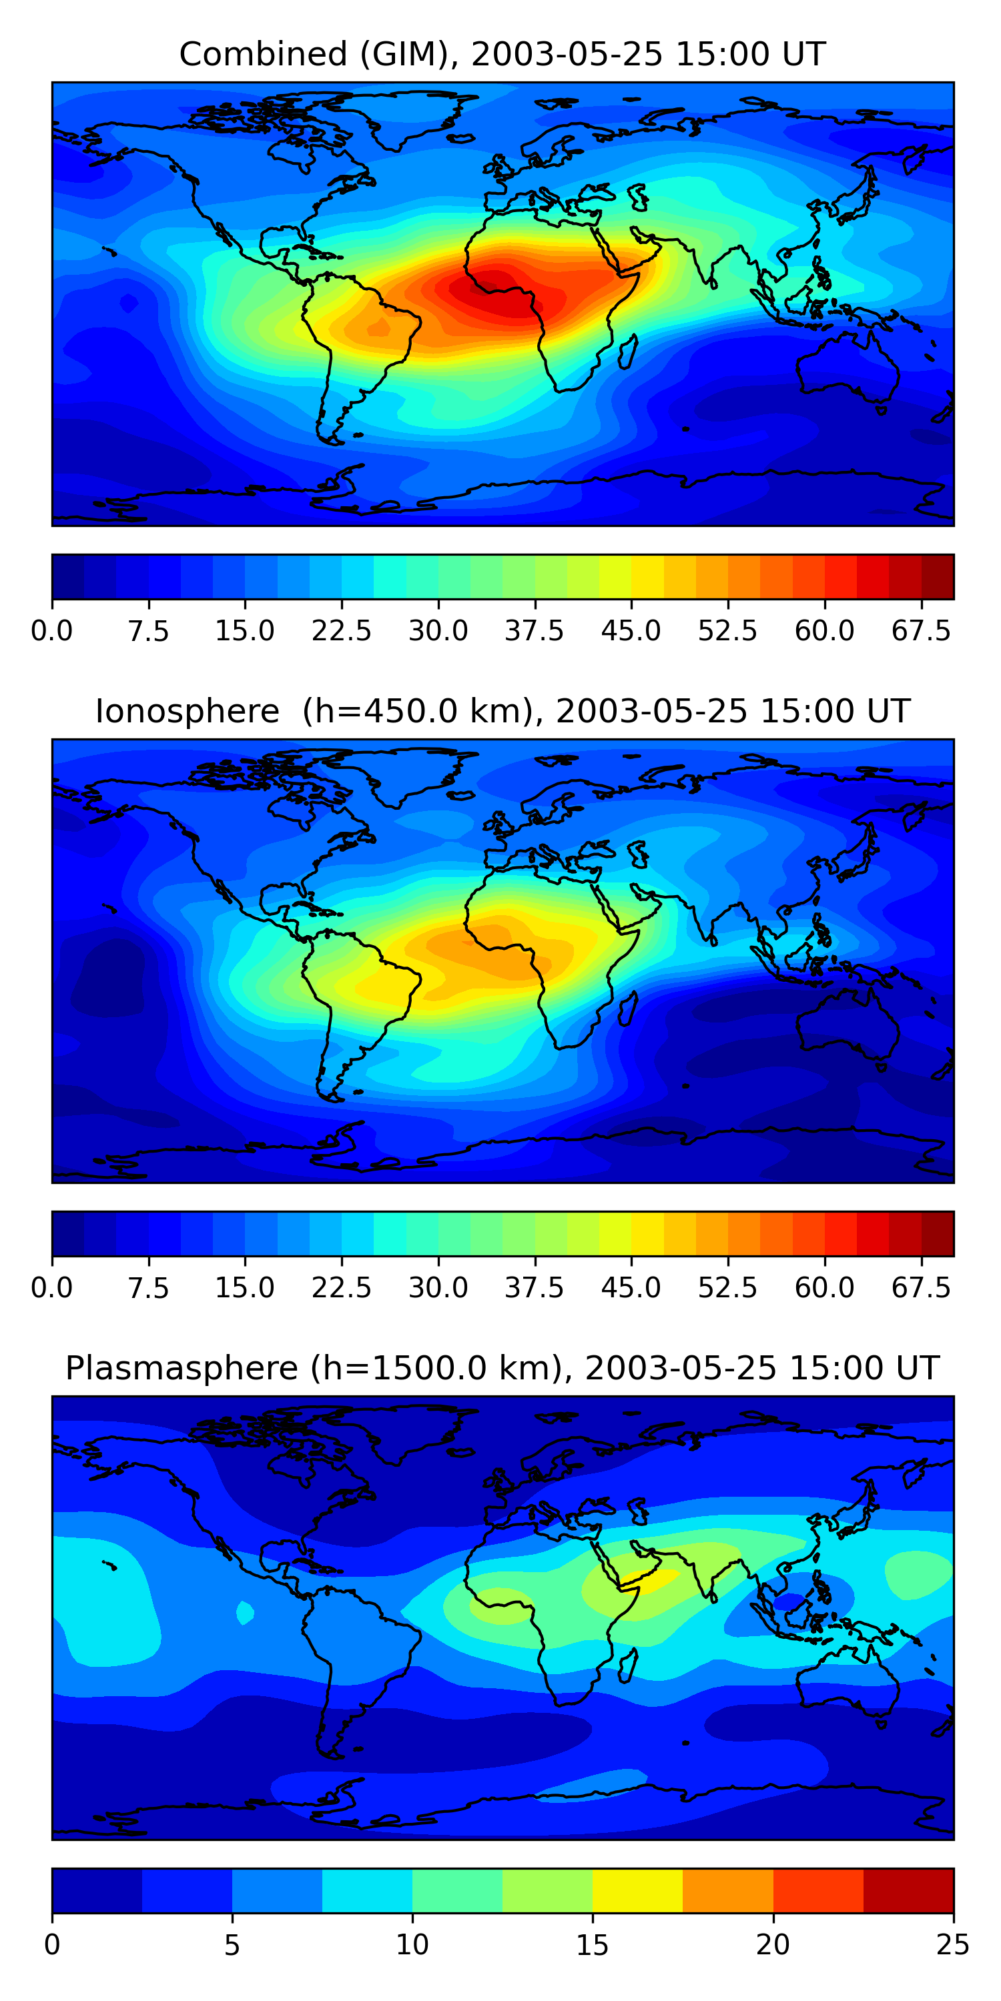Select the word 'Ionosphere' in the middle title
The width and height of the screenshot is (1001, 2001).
point(187,712)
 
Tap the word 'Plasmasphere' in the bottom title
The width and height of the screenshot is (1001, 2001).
point(181,1368)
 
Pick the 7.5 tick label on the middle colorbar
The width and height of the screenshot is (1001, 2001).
point(148,1288)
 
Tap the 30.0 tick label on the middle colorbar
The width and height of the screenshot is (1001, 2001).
point(438,1288)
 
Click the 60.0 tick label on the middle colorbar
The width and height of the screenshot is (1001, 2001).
point(825,1288)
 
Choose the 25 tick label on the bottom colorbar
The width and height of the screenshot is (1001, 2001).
point(953,1945)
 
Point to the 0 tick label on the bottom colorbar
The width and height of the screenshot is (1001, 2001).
point(52,1945)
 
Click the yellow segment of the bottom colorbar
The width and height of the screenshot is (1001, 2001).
point(637,1890)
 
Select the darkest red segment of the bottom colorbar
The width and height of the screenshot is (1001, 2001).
point(908,1890)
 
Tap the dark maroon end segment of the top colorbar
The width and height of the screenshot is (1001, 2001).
point(938,576)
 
